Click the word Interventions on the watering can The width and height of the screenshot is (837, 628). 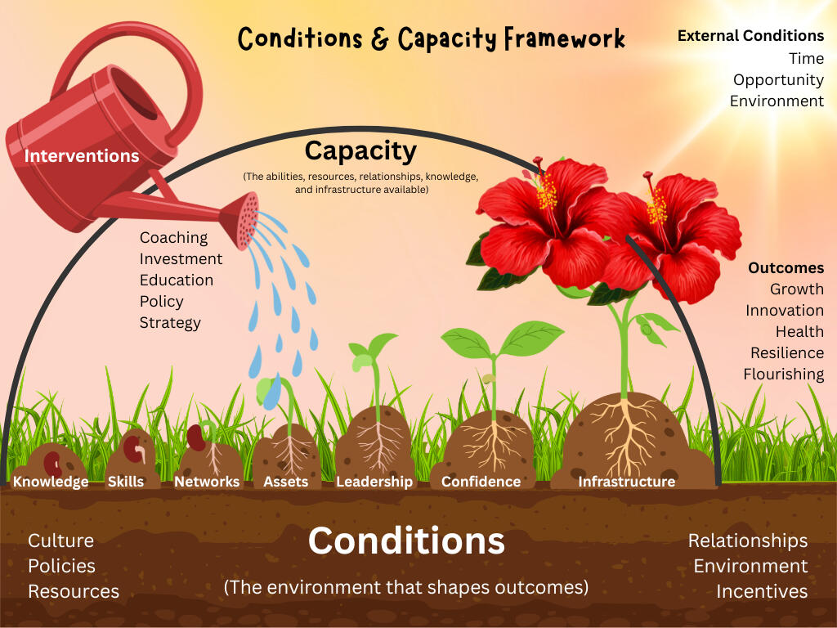81,156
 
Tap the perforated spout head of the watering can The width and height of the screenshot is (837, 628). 243,221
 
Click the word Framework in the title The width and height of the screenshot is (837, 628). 564,38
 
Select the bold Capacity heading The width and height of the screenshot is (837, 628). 360,151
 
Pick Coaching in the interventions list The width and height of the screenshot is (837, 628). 173,238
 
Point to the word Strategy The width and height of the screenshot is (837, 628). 170,323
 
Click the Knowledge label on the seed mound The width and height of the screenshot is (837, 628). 51,482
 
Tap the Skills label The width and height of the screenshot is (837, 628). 125,482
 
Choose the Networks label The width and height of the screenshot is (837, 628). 207,482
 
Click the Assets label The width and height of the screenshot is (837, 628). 285,482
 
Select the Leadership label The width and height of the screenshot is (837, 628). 374,482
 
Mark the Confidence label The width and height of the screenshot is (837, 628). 481,482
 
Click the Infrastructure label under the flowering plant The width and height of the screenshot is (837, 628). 626,482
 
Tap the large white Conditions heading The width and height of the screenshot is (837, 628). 406,541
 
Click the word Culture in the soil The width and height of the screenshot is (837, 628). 60,541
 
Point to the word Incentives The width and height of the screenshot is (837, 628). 762,592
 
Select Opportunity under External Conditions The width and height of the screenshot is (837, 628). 778,80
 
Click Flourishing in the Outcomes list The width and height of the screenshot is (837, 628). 784,375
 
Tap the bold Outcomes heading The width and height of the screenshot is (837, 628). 786,267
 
